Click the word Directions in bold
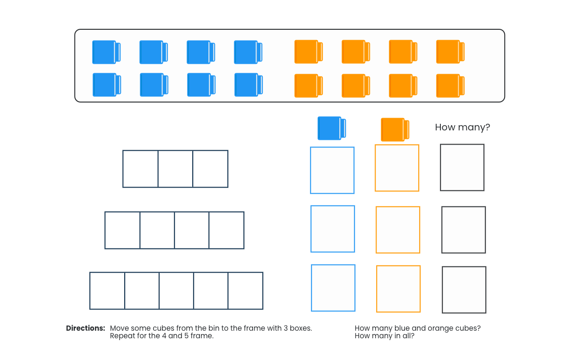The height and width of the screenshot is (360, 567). point(86,328)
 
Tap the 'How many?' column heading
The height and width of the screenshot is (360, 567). point(463,128)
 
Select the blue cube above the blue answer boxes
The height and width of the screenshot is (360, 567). point(332,128)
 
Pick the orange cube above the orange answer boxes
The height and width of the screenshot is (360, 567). point(395,129)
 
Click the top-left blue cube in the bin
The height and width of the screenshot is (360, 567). point(106,52)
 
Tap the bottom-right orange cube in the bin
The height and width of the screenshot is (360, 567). point(450,86)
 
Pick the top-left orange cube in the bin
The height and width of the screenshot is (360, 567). point(309,51)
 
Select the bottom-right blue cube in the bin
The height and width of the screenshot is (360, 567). point(249,85)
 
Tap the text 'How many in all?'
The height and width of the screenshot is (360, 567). point(385,336)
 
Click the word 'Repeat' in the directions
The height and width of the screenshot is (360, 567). point(122,336)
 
